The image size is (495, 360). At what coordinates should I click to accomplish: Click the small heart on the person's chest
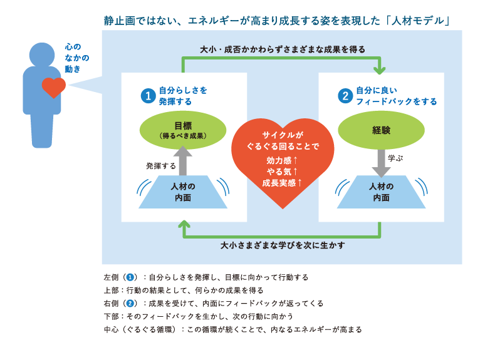(53, 86)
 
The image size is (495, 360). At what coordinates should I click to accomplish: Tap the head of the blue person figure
(42, 55)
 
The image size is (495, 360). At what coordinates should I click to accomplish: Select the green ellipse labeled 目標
(182, 129)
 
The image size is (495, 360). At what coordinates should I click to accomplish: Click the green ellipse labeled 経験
(381, 130)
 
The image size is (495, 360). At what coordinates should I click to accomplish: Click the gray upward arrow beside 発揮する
(182, 160)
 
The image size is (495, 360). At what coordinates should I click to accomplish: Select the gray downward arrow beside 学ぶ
(381, 162)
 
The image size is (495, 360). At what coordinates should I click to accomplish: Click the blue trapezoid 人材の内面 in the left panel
(182, 192)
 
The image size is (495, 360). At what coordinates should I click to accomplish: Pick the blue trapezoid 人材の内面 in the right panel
(381, 192)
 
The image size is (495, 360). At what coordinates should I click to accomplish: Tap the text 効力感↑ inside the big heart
(283, 160)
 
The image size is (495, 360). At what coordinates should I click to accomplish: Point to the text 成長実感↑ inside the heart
(283, 183)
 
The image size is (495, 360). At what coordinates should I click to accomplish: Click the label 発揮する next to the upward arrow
(161, 166)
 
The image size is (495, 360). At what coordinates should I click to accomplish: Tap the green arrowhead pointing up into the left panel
(184, 226)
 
